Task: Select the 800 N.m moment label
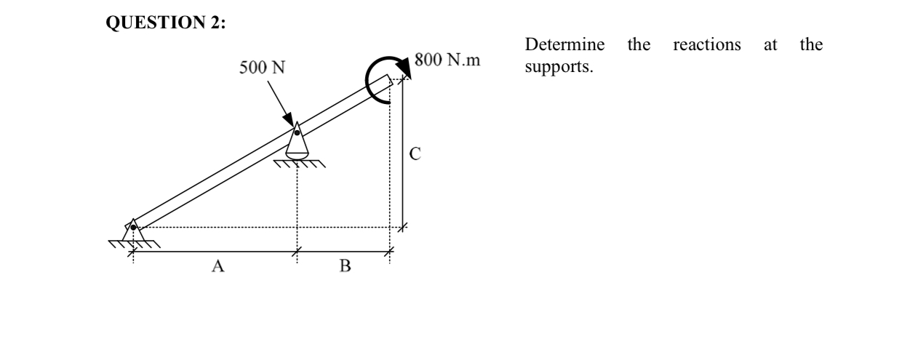coord(447,60)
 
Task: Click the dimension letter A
coord(216,266)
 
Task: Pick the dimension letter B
coord(345,266)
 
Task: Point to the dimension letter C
coord(415,153)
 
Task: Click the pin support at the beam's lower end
coord(132,231)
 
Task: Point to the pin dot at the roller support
coord(297,132)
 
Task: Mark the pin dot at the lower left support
coord(133,228)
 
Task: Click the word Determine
coord(564,45)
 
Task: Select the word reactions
coord(707,45)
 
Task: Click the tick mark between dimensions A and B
coord(296,252)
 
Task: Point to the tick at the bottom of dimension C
coord(404,227)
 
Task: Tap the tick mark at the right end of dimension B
coord(389,252)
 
